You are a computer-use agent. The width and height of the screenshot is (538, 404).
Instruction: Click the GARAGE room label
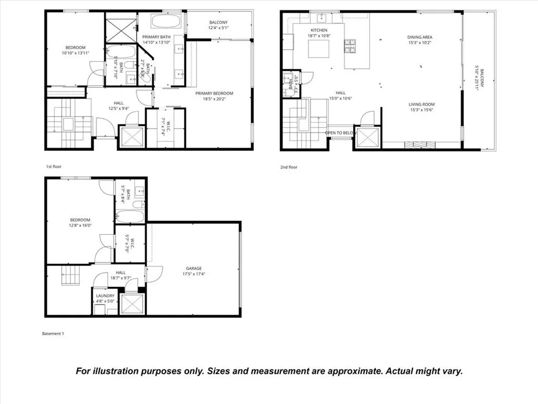(x=193, y=268)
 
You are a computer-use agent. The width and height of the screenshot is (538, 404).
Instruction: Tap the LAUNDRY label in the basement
(x=105, y=296)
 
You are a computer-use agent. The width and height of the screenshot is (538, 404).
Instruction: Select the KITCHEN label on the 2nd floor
(x=319, y=31)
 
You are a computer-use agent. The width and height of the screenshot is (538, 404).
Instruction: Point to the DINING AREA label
(x=420, y=37)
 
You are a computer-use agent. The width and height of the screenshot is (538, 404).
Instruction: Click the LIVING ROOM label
(x=421, y=105)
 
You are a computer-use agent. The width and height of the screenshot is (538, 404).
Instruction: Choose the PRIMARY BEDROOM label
(x=214, y=94)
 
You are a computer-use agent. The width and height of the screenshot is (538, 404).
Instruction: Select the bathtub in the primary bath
(x=167, y=22)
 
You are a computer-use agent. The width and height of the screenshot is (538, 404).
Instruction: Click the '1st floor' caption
(x=54, y=166)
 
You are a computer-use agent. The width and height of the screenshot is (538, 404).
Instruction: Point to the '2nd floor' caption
(x=288, y=167)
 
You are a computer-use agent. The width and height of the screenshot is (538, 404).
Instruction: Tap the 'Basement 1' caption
(x=53, y=334)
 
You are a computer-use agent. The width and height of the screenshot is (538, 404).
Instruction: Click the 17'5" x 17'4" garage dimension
(x=193, y=274)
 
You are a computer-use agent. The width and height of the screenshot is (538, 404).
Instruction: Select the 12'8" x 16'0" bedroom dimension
(x=80, y=225)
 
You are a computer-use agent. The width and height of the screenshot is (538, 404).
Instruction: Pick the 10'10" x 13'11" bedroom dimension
(x=75, y=53)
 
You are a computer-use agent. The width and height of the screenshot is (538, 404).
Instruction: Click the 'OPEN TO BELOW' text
(x=340, y=133)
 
